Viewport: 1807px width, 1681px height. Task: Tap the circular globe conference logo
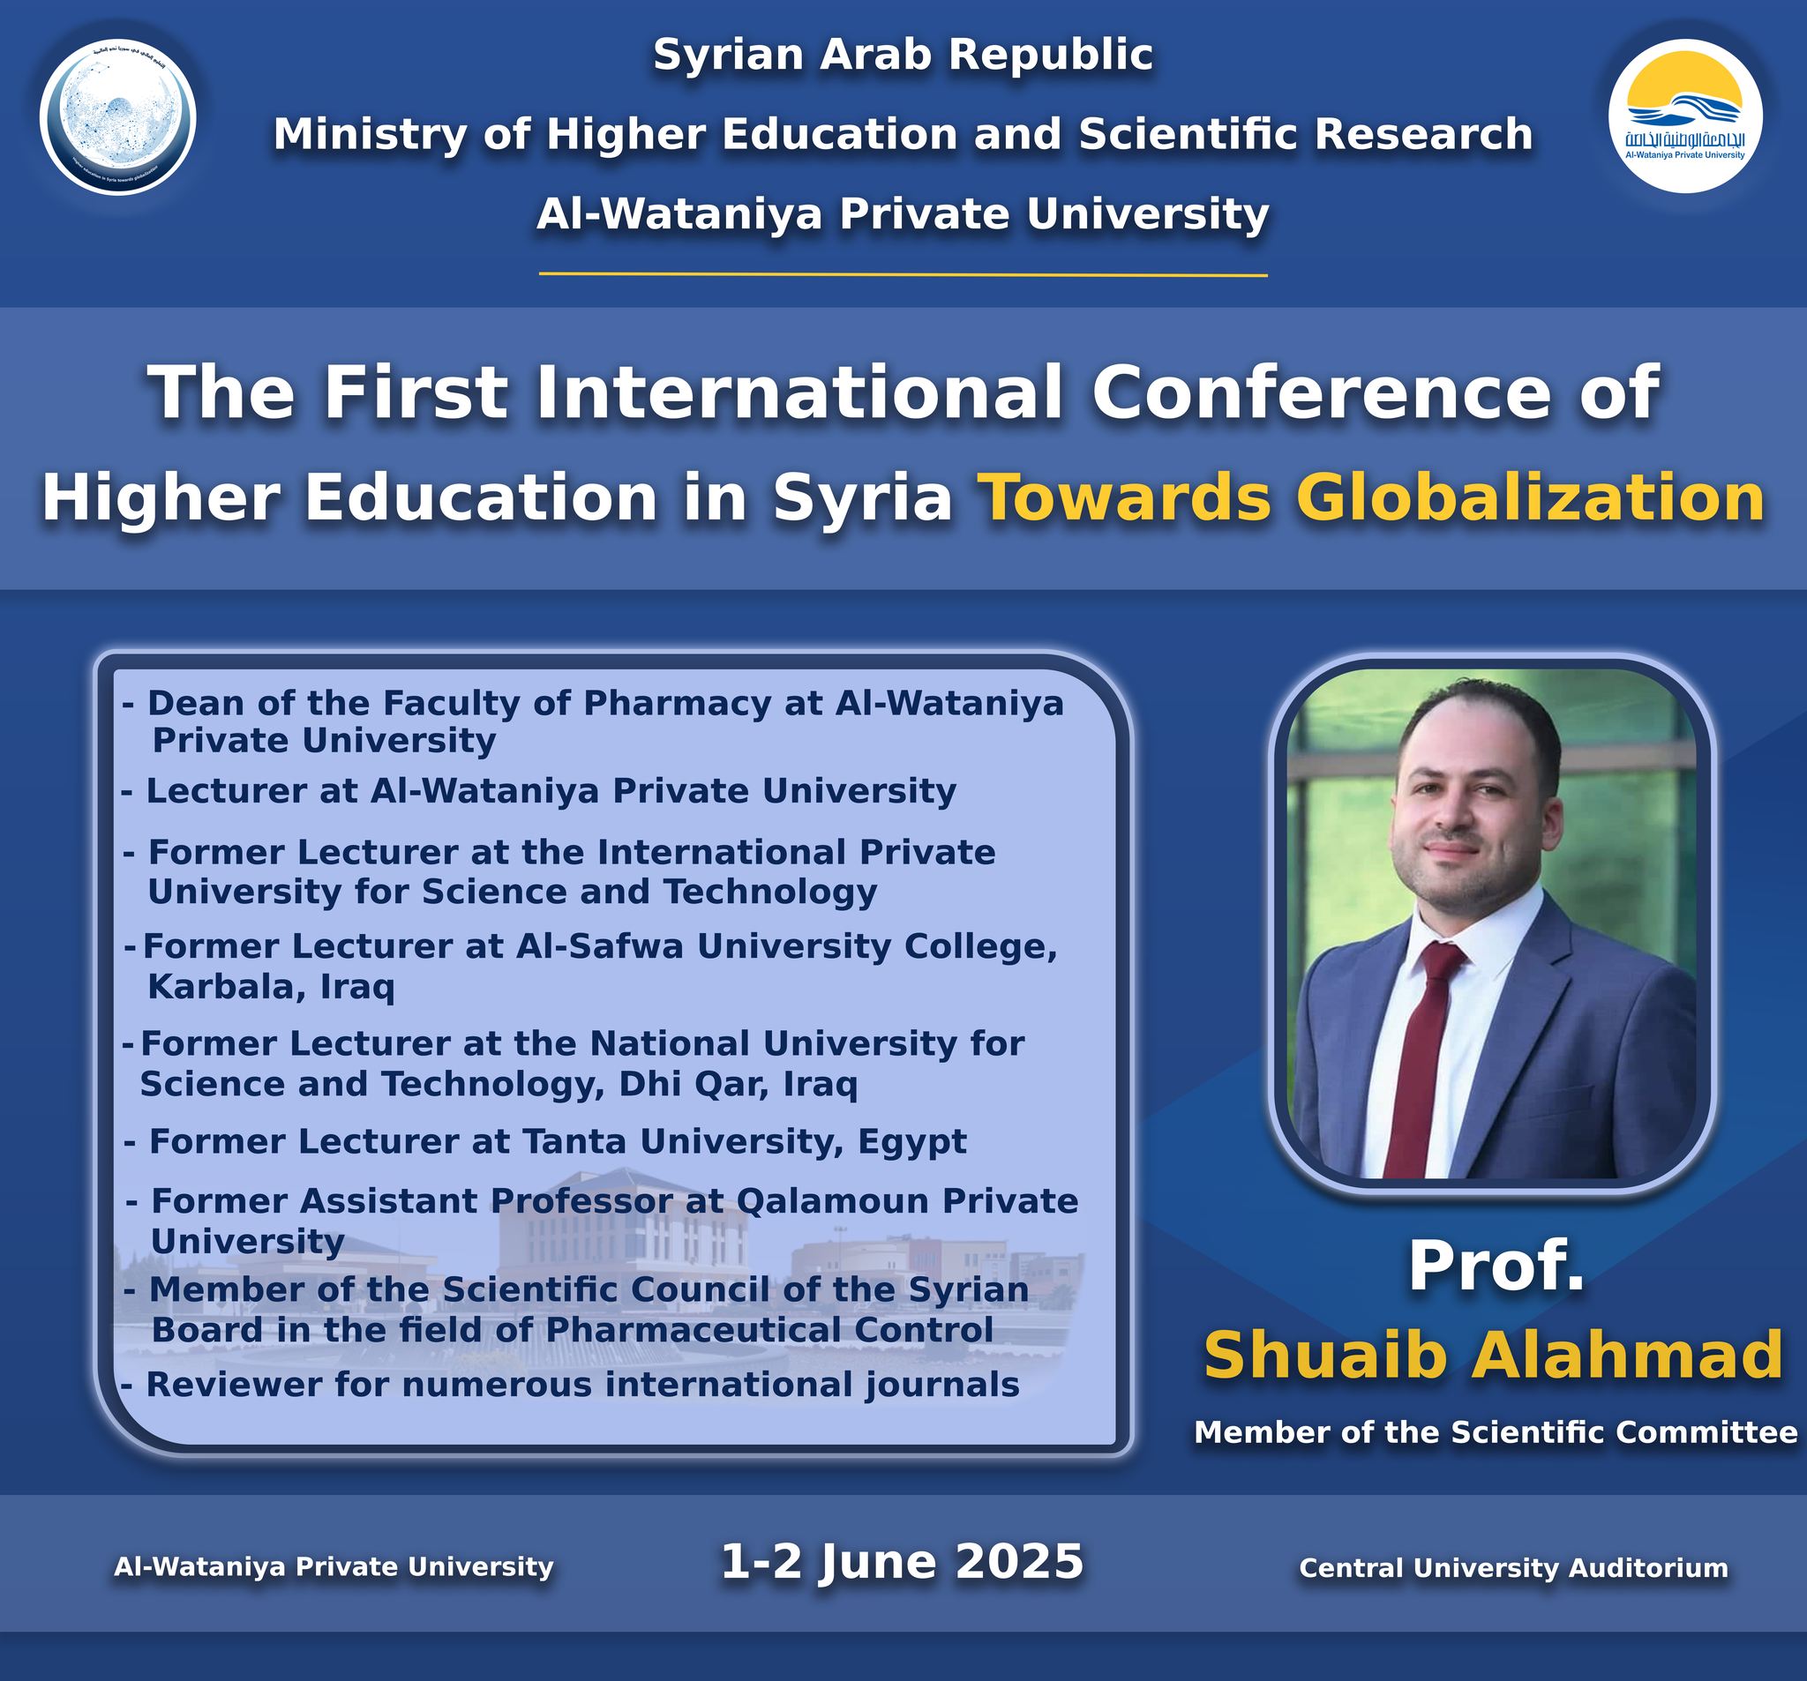pyautogui.click(x=117, y=117)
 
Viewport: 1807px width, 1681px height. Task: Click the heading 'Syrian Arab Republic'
pyautogui.click(x=903, y=56)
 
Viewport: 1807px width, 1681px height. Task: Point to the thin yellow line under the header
pyautogui.click(x=903, y=273)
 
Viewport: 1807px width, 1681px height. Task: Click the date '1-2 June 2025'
pyautogui.click(x=903, y=1562)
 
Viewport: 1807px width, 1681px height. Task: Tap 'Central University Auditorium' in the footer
pyautogui.click(x=1513, y=1567)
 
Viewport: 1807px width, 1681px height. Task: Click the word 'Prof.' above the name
pyautogui.click(x=1496, y=1266)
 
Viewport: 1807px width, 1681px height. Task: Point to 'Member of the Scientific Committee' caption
pyautogui.click(x=1496, y=1433)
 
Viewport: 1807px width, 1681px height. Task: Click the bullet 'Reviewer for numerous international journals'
pyautogui.click(x=570, y=1385)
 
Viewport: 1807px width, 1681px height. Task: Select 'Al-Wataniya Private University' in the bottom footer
pyautogui.click(x=334, y=1566)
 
